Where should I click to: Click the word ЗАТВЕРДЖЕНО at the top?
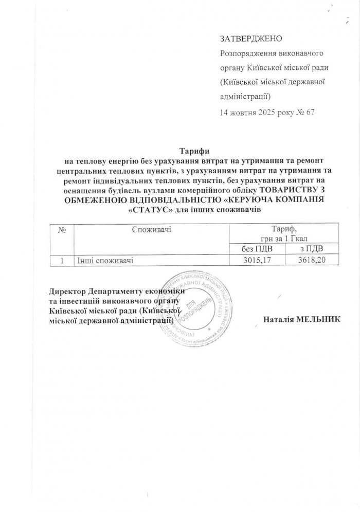click(251, 39)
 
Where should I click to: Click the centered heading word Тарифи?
click(193, 151)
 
